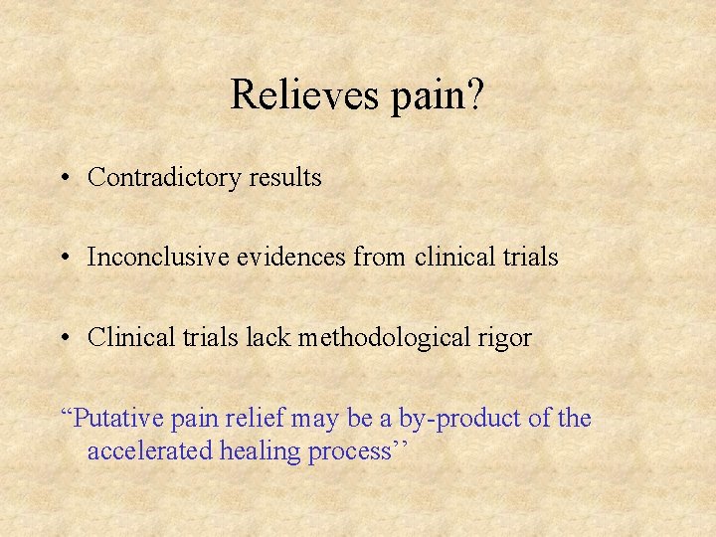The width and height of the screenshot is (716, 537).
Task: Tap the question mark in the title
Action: [475, 94]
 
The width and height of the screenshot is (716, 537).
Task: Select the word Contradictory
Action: [164, 178]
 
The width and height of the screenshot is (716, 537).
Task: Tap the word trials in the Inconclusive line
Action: [529, 258]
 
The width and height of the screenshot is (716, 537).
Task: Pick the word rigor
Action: [507, 339]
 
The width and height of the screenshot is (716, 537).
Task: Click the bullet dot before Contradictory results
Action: [63, 179]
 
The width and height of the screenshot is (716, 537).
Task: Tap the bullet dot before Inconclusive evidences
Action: [63, 259]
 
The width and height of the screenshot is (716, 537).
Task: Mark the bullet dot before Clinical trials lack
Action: [63, 338]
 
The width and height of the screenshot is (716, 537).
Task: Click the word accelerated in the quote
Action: [149, 451]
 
